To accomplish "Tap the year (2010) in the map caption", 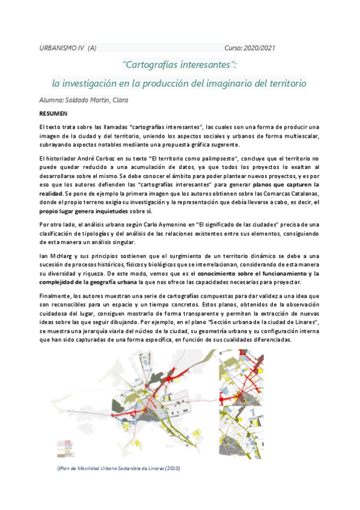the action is (172, 467).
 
